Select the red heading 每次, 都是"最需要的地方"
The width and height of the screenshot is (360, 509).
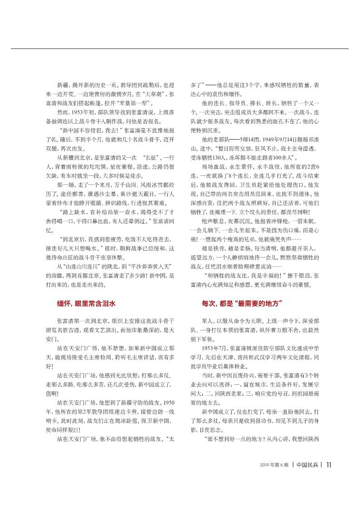point(242,291)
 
